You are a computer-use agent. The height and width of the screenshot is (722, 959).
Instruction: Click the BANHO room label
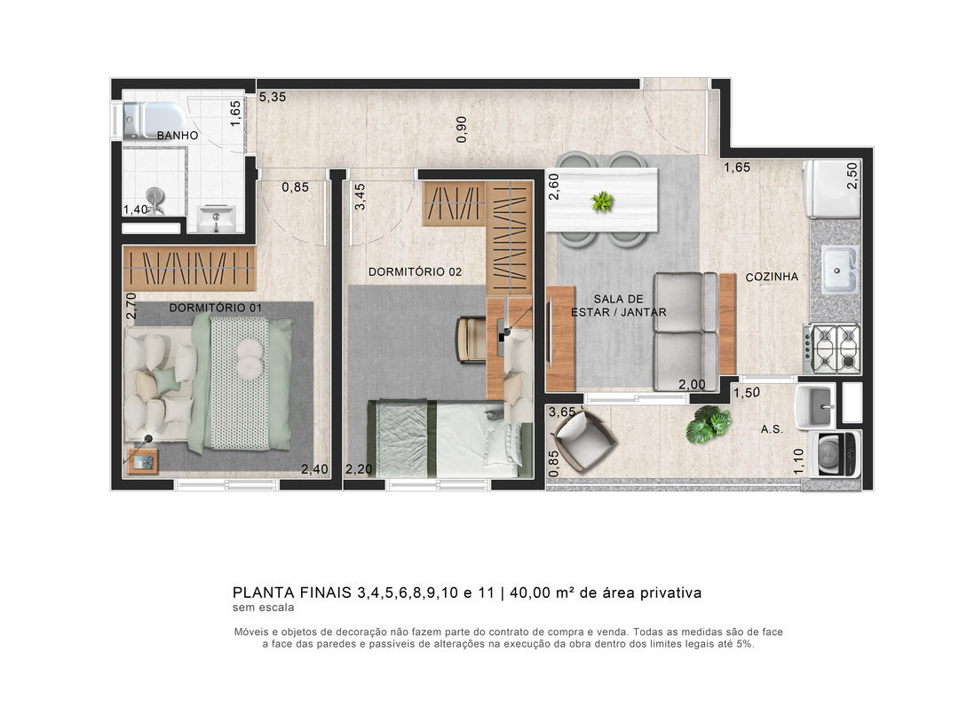178,135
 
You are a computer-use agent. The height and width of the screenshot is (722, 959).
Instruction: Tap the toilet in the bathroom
154,119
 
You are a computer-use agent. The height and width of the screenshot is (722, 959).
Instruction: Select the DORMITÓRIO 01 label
215,308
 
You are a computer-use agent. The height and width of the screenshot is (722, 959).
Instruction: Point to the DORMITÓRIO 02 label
415,271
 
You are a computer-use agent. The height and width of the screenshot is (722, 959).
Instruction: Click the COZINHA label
772,277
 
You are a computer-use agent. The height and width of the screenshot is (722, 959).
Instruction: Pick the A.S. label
772,429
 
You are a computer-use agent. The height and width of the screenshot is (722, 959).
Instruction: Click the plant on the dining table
602,201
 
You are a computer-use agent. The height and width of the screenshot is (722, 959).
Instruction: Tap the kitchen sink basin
839,270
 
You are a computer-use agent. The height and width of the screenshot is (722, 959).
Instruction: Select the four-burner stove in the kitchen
832,349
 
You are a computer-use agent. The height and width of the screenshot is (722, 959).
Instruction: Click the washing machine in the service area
835,453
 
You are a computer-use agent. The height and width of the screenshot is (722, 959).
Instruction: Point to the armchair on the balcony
583,441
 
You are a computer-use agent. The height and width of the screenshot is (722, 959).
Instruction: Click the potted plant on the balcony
709,424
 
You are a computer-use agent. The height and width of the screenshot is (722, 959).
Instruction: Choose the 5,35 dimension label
273,97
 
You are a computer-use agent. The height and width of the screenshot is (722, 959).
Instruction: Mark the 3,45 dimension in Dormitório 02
361,197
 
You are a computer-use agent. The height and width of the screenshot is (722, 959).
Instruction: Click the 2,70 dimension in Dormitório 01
131,305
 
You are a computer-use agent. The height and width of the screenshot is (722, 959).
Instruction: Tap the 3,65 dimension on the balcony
562,412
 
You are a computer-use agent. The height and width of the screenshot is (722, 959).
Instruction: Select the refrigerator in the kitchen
832,189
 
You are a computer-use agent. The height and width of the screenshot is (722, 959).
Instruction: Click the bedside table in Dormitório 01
143,461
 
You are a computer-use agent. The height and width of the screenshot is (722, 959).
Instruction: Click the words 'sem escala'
263,608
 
